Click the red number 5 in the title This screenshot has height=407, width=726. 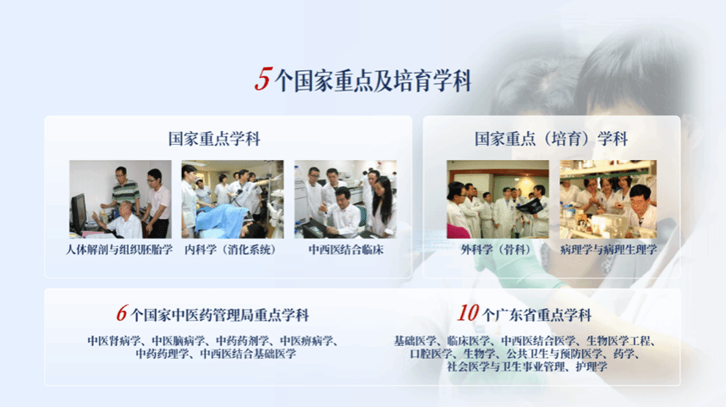[x=263, y=79]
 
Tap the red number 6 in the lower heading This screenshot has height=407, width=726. [x=121, y=313]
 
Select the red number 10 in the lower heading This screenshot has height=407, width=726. [x=468, y=313]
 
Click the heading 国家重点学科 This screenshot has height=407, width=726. [x=214, y=139]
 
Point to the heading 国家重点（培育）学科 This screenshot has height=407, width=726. [x=551, y=139]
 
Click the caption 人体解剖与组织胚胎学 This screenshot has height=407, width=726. [x=119, y=250]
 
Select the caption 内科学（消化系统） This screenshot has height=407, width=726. [x=231, y=250]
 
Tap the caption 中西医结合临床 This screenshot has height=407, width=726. [x=346, y=250]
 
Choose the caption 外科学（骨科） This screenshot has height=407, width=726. [x=495, y=250]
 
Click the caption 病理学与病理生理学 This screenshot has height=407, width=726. [x=608, y=250]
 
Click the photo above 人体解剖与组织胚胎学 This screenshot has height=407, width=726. [x=120, y=199]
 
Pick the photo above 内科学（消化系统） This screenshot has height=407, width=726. [x=233, y=199]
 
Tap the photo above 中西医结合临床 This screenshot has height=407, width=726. [x=345, y=199]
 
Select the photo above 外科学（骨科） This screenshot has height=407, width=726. [x=498, y=199]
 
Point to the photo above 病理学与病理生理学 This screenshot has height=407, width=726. [x=608, y=199]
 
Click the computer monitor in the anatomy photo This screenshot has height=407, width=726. [x=78, y=214]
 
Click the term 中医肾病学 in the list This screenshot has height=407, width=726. [x=114, y=341]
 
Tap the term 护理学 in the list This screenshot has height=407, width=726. [x=591, y=366]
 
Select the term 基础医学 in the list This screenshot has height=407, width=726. [x=415, y=341]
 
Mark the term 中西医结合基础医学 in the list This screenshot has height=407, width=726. [x=248, y=355]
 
